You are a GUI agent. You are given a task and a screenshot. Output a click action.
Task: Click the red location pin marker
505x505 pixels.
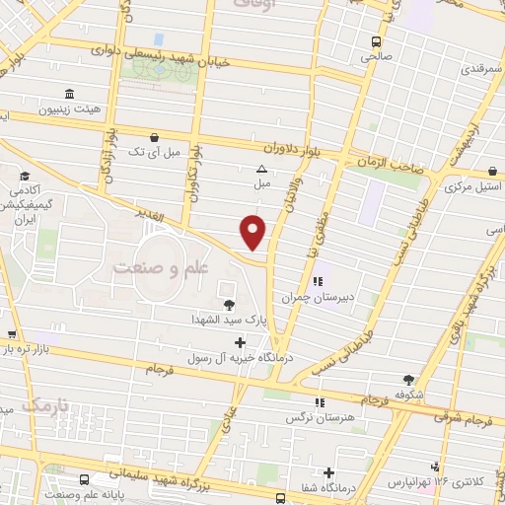point(254,232)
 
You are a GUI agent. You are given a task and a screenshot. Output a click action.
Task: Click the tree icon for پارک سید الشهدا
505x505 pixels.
point(230,305)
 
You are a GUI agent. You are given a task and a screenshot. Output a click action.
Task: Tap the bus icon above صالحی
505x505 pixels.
point(375,41)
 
